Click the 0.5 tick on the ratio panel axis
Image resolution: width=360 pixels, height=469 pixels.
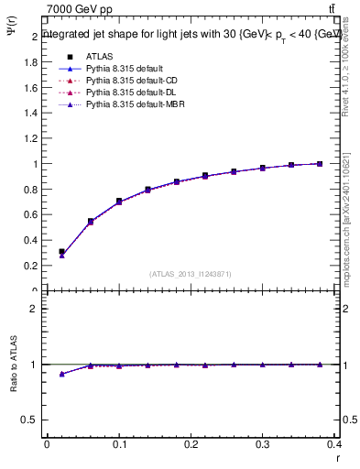pos(30,420)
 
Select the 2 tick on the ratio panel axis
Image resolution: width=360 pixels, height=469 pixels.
pos(34,309)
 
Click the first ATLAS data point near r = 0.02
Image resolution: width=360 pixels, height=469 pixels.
pos(61,251)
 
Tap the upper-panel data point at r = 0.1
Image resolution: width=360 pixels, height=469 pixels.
pos(119,201)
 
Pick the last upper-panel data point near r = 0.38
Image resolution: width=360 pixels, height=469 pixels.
pos(319,163)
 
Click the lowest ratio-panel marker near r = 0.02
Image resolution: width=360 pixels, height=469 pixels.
pos(61,374)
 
